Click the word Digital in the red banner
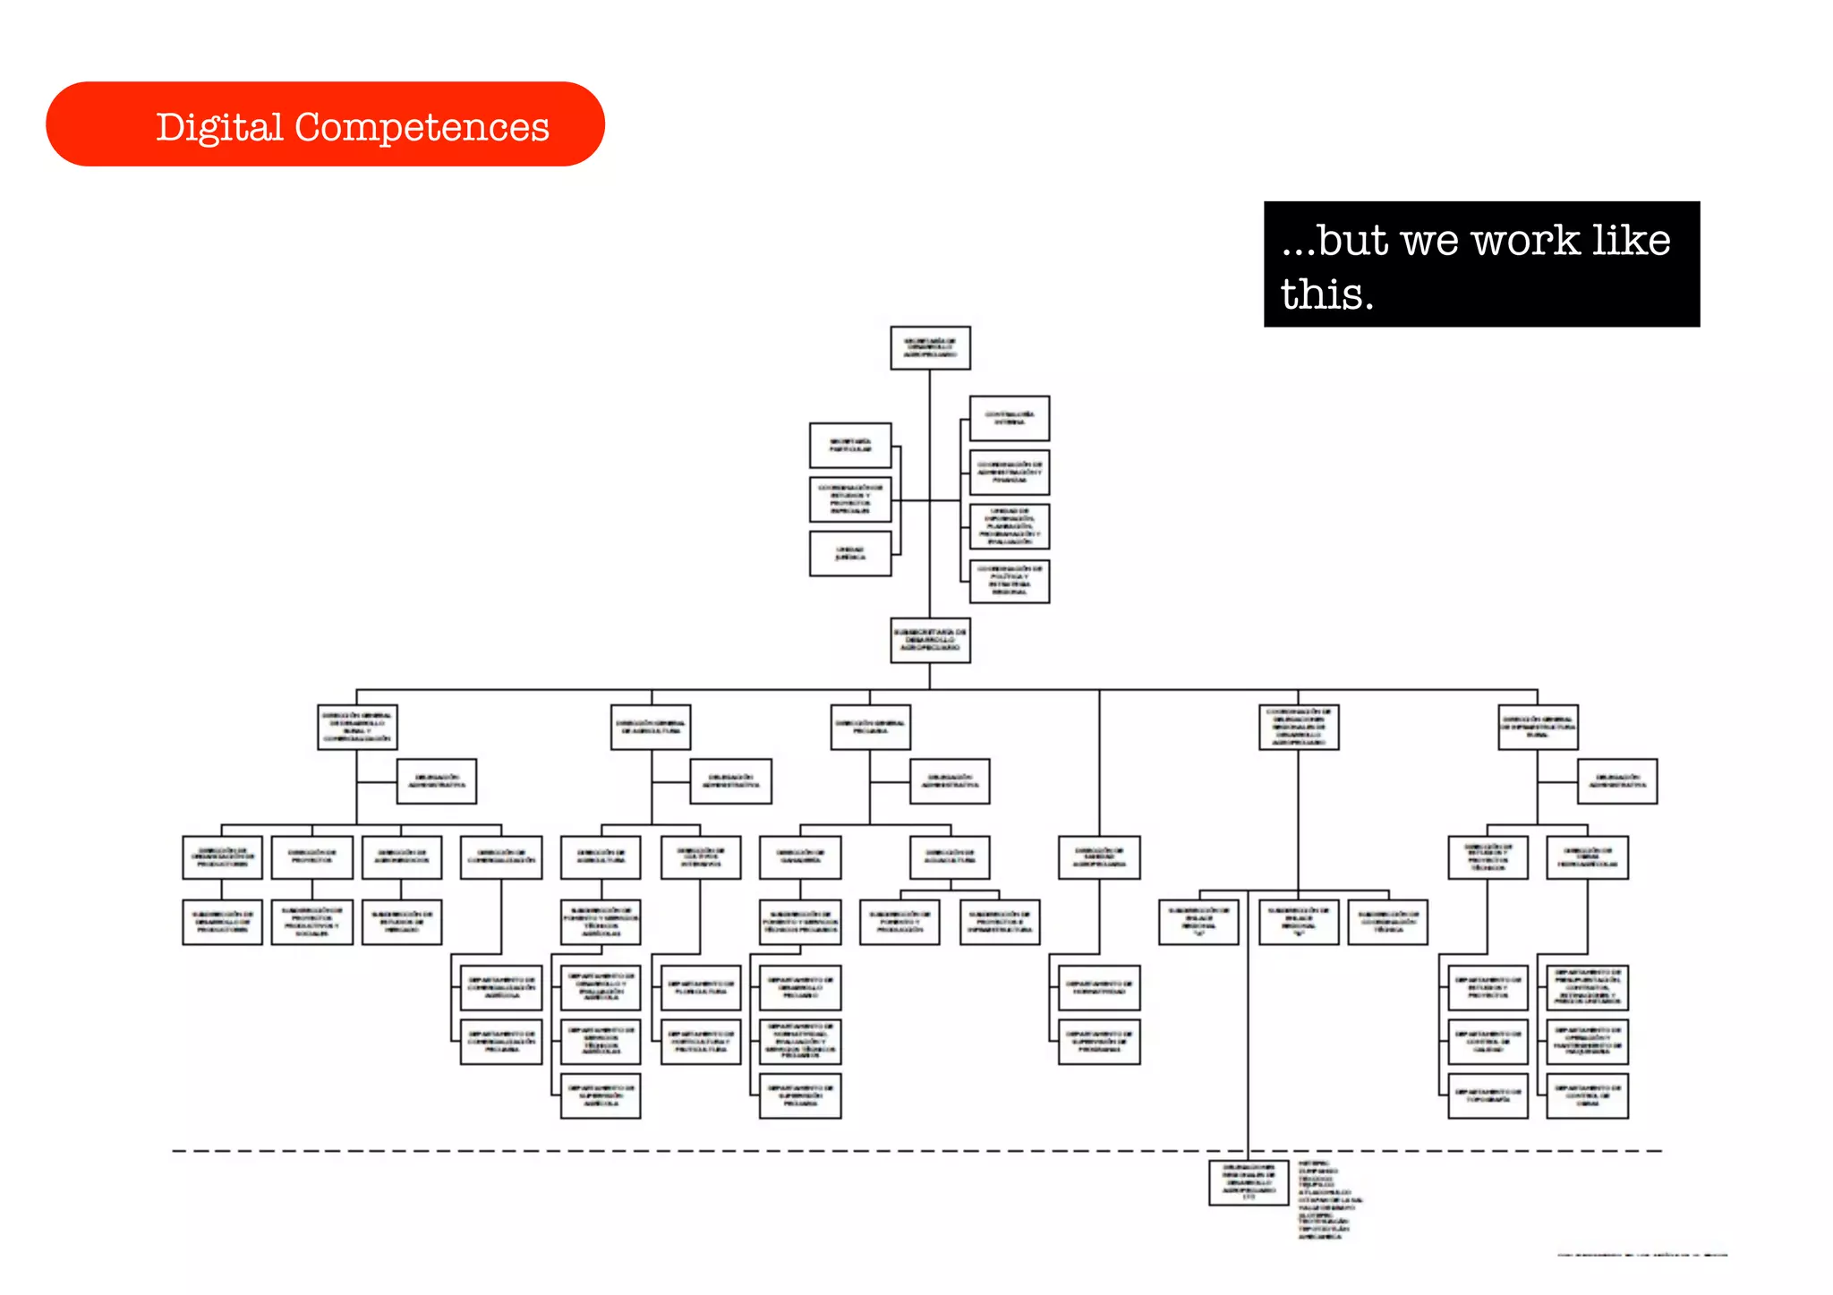point(219,127)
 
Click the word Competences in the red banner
point(422,127)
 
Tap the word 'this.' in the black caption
point(1326,294)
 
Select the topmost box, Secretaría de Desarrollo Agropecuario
point(930,348)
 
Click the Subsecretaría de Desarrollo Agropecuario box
point(930,641)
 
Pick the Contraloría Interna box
point(1010,419)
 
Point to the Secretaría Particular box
point(850,446)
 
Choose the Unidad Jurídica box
point(850,554)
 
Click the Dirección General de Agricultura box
point(651,728)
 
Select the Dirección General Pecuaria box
point(870,728)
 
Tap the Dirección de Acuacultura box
point(950,857)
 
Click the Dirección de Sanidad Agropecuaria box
point(1099,857)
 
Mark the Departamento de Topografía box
point(1488,1096)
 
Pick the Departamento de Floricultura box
point(701,988)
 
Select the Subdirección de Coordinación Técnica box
point(1387,923)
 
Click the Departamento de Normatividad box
point(1099,988)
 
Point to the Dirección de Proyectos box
point(311,857)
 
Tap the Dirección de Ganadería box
point(800,857)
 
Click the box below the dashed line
point(1249,1182)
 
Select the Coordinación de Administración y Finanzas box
point(1010,473)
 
